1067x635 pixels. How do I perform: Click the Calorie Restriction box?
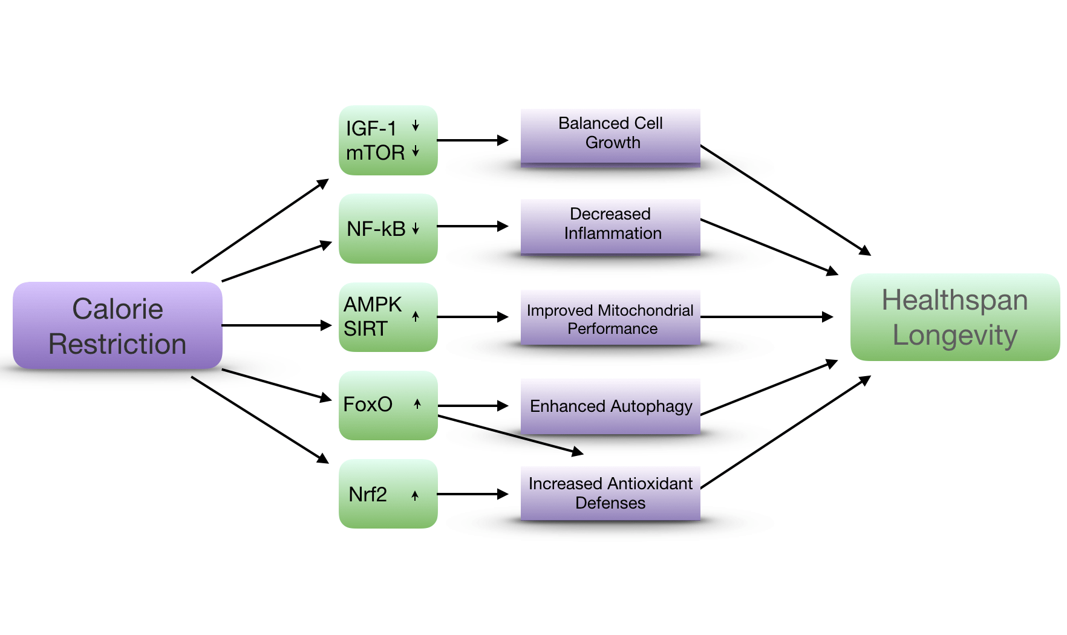[x=117, y=325]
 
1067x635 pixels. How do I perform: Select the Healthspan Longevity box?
[x=954, y=317]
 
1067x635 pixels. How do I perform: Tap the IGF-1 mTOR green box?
[x=388, y=140]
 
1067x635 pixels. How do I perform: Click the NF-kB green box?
[x=388, y=229]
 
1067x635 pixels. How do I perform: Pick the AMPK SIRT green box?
[x=388, y=317]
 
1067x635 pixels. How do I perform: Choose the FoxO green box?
[x=388, y=405]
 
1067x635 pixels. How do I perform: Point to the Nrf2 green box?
[x=388, y=493]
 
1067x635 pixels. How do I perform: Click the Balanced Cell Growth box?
[x=610, y=136]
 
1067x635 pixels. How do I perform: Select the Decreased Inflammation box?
[x=610, y=226]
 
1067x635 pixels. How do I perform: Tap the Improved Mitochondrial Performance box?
[x=610, y=318]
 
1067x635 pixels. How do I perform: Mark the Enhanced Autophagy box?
[x=610, y=406]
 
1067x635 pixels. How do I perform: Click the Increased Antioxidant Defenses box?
[x=610, y=493]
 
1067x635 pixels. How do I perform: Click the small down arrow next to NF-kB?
[x=416, y=229]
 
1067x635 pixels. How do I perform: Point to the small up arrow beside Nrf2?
[x=415, y=495]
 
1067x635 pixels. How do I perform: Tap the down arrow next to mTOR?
[x=416, y=151]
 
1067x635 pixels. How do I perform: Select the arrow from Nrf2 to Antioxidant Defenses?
[x=472, y=494]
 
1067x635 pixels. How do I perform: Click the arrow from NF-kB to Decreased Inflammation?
[x=472, y=226]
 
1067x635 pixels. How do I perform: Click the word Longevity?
[x=954, y=335]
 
